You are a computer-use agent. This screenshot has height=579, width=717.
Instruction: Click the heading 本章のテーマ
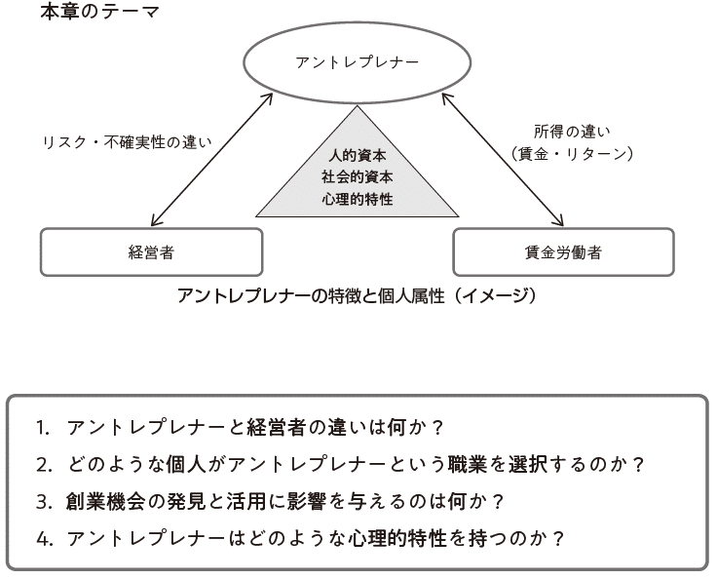[99, 12]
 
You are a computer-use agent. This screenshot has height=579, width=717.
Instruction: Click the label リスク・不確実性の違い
[127, 142]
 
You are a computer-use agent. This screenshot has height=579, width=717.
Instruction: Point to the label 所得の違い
[572, 132]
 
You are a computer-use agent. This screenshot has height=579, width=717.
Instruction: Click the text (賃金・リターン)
[572, 154]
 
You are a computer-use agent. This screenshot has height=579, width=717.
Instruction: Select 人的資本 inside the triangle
[358, 156]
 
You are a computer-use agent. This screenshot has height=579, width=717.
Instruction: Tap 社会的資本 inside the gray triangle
[358, 177]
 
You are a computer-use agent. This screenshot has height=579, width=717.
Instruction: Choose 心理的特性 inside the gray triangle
[358, 199]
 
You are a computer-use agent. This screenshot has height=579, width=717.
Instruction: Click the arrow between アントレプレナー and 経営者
[211, 160]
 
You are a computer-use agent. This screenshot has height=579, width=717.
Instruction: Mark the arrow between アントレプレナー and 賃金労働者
[503, 160]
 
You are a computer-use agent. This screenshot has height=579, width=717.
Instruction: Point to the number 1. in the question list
[43, 428]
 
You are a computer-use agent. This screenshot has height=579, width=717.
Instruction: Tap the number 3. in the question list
[44, 502]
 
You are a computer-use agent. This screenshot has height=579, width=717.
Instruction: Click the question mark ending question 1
[437, 428]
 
